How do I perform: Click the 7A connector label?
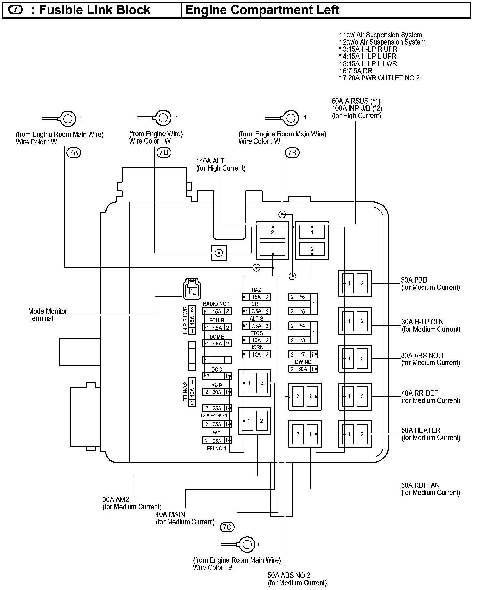click(x=74, y=152)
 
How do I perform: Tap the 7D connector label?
click(x=164, y=152)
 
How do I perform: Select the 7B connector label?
click(x=292, y=152)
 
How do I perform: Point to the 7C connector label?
click(x=227, y=527)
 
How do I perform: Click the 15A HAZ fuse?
click(x=256, y=297)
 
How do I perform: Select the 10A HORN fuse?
click(x=256, y=355)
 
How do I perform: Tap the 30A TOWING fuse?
click(x=303, y=369)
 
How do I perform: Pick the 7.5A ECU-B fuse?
click(x=217, y=328)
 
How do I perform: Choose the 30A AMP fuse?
click(x=217, y=392)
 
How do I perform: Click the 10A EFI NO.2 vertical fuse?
click(x=192, y=392)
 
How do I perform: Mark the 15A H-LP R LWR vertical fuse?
click(x=192, y=320)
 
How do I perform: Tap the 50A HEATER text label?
click(x=420, y=430)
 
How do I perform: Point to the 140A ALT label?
click(x=210, y=161)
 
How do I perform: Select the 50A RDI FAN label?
click(x=420, y=485)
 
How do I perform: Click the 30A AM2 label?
click(x=116, y=499)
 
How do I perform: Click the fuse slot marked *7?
click(x=303, y=355)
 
